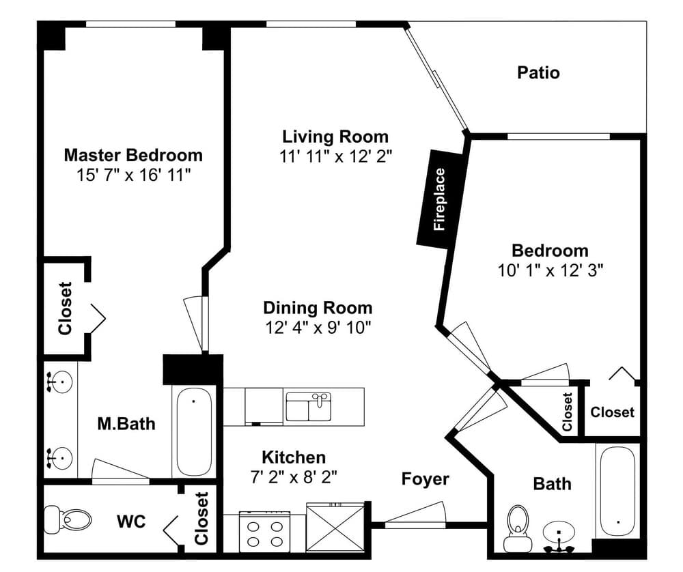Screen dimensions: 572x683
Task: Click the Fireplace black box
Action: point(440,199)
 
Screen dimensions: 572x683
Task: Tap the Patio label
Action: point(538,72)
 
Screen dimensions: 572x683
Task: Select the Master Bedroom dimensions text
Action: point(133,175)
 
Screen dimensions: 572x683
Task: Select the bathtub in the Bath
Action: point(618,490)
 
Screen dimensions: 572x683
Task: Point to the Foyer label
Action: point(425,479)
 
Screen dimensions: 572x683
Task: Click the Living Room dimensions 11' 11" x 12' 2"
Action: point(335,156)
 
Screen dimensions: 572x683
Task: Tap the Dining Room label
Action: point(318,308)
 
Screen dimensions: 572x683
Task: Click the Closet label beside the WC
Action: point(201,518)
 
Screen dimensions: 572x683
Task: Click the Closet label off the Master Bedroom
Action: point(65,309)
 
